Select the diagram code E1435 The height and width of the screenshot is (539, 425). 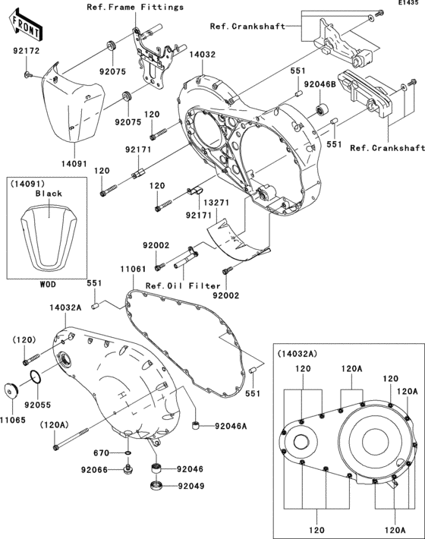(408, 5)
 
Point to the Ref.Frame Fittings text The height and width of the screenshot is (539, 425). (135, 7)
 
